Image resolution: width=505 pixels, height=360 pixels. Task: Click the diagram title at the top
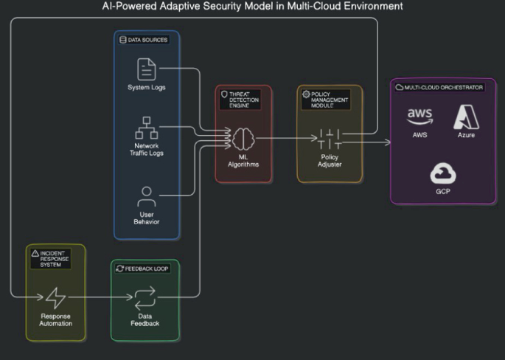pos(252,6)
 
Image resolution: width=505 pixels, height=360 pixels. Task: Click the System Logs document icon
pos(147,69)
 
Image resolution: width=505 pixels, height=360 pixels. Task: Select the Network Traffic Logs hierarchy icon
pos(147,128)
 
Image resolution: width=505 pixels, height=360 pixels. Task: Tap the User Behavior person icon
pos(147,198)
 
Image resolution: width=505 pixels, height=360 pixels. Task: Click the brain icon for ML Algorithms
pos(243,138)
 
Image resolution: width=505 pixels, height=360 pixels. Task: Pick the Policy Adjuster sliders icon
pos(330,138)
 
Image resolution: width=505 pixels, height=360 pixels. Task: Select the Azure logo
pos(466,118)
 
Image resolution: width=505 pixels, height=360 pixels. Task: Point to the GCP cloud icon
pos(443,174)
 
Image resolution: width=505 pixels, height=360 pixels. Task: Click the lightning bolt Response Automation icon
pos(56,298)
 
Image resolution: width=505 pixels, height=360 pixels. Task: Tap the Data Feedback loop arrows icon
pos(144,298)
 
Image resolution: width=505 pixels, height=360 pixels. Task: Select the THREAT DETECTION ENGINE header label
pos(243,99)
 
